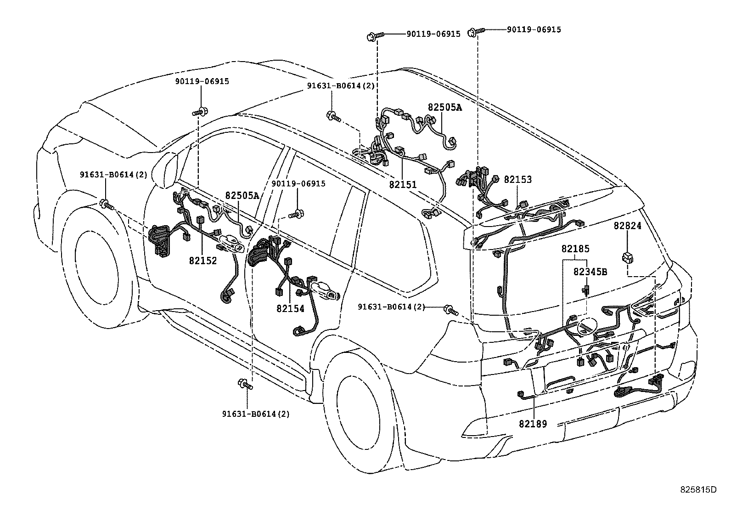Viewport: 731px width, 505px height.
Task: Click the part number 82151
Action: (x=403, y=185)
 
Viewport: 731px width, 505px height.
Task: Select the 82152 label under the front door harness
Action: (x=202, y=261)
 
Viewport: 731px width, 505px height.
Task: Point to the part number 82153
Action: (x=517, y=179)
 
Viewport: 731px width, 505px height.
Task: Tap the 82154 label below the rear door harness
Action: (x=290, y=308)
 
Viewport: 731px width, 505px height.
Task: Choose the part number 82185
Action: (x=575, y=249)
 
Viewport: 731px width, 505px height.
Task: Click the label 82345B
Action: (x=590, y=272)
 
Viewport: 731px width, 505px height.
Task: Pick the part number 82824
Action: (x=627, y=226)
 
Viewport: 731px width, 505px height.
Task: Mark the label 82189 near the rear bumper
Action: (x=533, y=424)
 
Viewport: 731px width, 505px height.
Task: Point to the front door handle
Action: (x=232, y=244)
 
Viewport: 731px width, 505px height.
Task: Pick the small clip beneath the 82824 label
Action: (x=628, y=258)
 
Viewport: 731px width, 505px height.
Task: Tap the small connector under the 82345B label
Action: (x=586, y=289)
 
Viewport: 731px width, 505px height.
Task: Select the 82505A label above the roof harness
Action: (x=445, y=107)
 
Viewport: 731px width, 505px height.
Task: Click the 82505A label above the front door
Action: (x=242, y=195)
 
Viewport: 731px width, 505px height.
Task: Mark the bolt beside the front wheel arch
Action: (x=107, y=205)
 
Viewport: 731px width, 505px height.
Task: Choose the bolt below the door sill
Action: (x=245, y=384)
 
